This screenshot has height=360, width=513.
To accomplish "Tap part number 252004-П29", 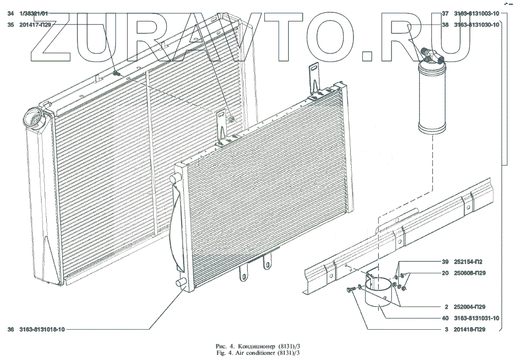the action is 467,307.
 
